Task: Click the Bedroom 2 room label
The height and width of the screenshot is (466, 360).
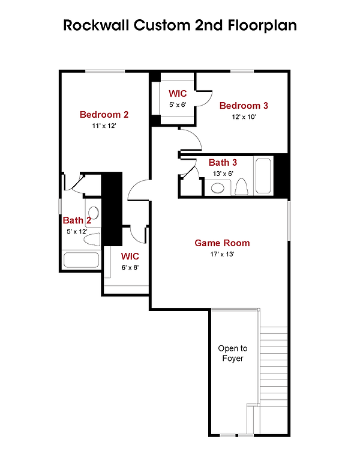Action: click(104, 115)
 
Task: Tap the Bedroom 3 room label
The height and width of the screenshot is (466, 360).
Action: click(244, 106)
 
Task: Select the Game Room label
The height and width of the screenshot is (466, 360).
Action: click(222, 243)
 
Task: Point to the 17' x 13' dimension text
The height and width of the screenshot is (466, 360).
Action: click(222, 254)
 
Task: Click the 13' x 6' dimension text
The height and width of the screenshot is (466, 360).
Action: click(223, 174)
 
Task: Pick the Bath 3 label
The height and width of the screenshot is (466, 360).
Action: click(223, 163)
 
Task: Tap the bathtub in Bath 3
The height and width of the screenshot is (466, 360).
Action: click(263, 175)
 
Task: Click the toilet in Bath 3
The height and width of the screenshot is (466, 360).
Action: click(241, 187)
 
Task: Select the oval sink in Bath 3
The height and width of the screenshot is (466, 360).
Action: click(218, 188)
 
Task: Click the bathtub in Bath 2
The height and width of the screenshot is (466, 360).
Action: click(81, 260)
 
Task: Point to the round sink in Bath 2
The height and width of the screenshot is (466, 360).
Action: click(94, 213)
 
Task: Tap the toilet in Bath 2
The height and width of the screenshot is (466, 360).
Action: click(92, 240)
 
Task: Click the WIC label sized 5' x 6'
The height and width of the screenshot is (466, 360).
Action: click(178, 93)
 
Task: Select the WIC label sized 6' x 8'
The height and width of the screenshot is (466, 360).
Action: click(130, 256)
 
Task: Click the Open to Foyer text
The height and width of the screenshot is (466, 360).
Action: click(233, 353)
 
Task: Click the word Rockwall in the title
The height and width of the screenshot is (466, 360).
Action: click(97, 25)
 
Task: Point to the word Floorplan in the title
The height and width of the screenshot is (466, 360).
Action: click(262, 26)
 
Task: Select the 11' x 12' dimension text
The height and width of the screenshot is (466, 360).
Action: click(104, 126)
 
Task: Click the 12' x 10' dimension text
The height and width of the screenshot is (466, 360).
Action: click(244, 116)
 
